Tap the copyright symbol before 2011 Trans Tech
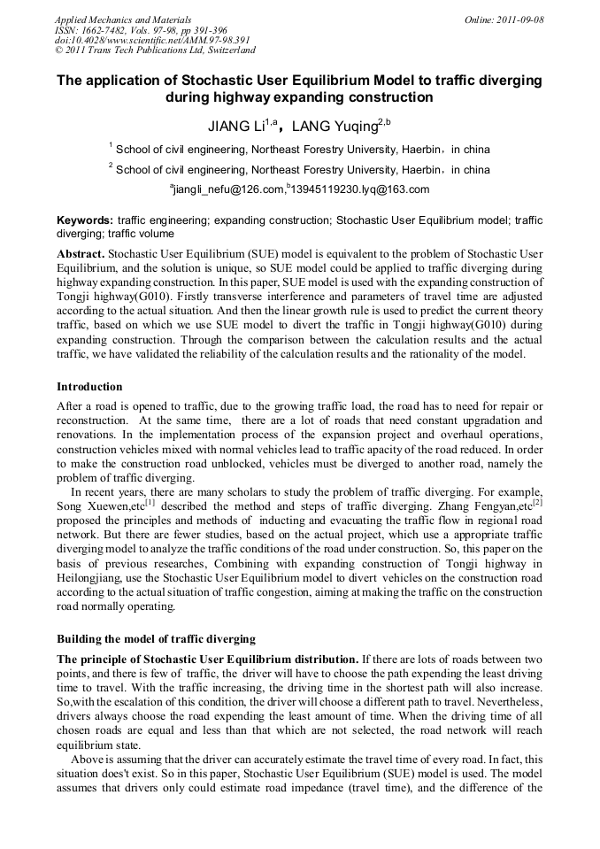point(59,50)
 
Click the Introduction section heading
point(89,387)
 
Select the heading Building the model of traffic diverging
point(156,639)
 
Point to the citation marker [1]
point(150,501)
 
